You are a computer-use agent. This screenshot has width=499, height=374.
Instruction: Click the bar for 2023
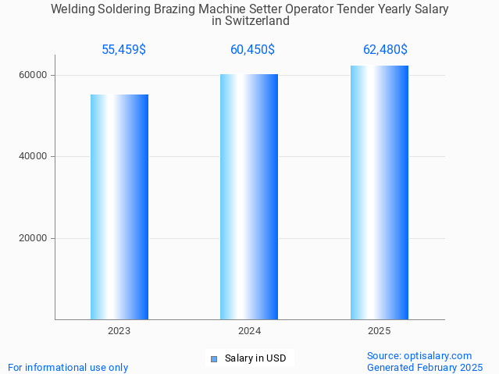click(119, 207)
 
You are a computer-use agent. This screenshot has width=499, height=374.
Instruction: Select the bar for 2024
click(249, 197)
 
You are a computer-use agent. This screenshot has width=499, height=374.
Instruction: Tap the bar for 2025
click(380, 192)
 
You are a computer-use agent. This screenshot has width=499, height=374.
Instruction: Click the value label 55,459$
click(123, 50)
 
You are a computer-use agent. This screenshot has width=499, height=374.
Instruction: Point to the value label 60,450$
click(252, 50)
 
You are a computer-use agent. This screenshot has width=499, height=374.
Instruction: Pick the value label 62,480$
click(385, 50)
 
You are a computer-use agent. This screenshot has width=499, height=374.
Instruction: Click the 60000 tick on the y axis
click(34, 75)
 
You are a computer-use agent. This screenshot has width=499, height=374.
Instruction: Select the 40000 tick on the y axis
click(34, 156)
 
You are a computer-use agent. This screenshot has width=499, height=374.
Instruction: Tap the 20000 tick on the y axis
click(34, 238)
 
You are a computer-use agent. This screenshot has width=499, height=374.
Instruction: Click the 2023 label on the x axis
click(119, 331)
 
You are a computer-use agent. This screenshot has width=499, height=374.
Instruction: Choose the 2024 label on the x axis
click(249, 331)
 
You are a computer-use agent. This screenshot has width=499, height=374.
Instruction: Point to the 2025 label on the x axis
click(380, 331)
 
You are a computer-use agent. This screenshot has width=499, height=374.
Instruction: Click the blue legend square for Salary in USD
click(213, 359)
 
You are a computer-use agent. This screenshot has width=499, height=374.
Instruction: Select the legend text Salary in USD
click(255, 359)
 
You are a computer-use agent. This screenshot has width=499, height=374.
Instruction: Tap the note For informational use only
click(68, 367)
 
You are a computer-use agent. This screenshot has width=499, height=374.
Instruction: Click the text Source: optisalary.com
click(419, 356)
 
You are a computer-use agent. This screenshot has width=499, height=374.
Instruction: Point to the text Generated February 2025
click(425, 367)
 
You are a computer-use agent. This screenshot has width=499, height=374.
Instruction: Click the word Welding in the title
click(73, 9)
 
